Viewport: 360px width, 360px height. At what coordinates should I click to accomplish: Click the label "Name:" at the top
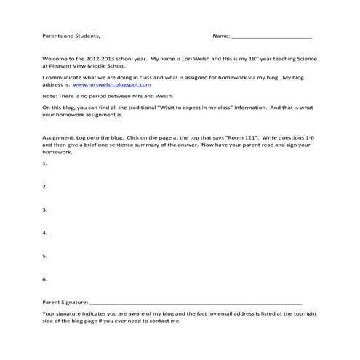(x=220, y=35)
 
